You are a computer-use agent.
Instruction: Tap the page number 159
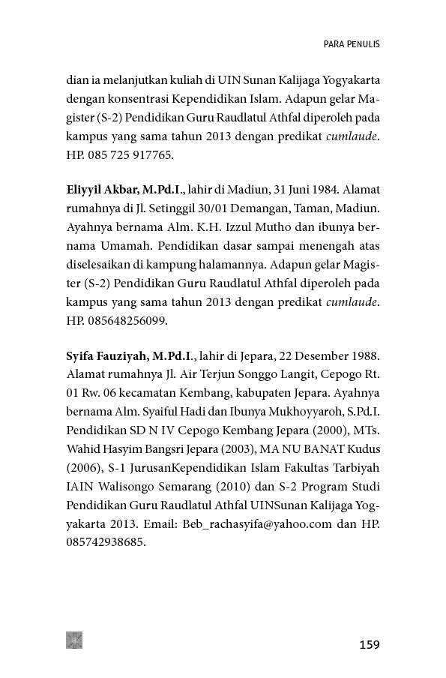370,644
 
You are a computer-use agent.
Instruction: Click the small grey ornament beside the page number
74,640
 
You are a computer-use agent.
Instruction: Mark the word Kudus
364,448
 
